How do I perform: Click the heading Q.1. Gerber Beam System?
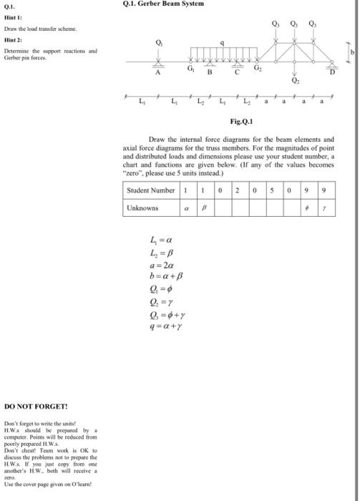pyautogui.click(x=165, y=4)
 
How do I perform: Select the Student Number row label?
pyautogui.click(x=150, y=190)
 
